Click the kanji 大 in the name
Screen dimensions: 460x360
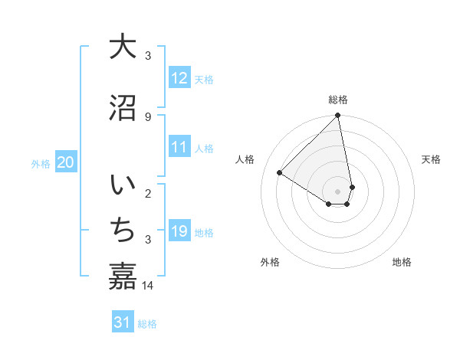point(123,47)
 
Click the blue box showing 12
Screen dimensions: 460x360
point(179,78)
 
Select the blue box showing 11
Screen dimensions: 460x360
point(179,148)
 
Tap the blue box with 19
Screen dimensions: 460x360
point(179,231)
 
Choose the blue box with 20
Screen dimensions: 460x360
point(66,162)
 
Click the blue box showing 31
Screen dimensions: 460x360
point(123,323)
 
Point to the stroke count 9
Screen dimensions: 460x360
point(148,116)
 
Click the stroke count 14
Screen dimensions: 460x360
point(148,286)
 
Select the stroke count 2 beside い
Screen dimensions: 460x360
point(148,193)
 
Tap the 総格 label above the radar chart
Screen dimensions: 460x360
point(338,100)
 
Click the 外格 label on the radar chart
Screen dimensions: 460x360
point(270,262)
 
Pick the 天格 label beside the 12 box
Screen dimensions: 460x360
point(204,80)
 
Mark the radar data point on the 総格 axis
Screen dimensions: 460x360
point(338,116)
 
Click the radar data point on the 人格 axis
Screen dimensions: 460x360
point(280,173)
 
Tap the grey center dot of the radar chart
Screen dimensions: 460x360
point(338,191)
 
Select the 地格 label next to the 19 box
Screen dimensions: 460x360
point(204,233)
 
